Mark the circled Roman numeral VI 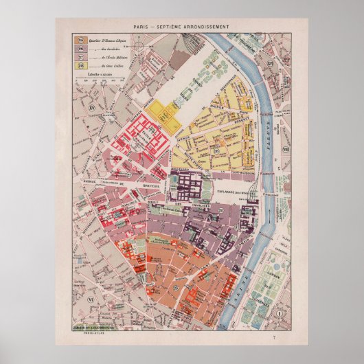click(x=89, y=299)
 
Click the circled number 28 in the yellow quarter click(x=215, y=150)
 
